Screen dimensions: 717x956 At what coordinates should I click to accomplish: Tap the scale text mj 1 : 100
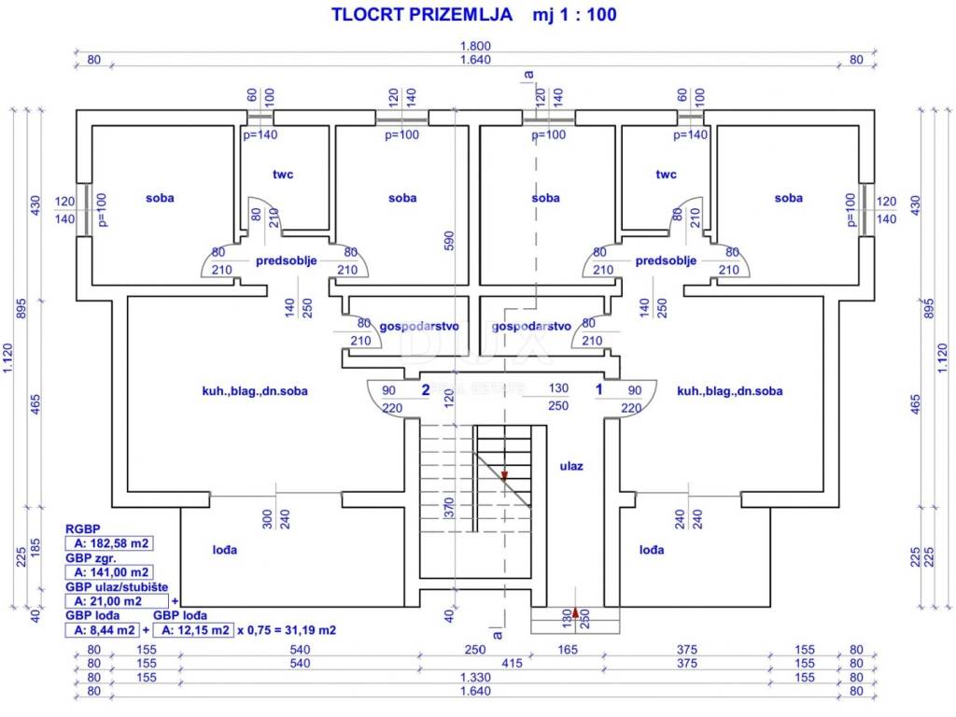point(574,14)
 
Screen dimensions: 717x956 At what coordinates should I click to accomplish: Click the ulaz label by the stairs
point(571,466)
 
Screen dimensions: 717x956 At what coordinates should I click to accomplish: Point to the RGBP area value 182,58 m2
point(108,542)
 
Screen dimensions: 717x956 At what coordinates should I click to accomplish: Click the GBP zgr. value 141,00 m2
point(108,571)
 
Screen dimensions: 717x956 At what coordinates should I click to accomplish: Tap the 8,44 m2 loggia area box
point(103,630)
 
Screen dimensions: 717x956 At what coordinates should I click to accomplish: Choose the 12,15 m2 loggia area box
point(192,630)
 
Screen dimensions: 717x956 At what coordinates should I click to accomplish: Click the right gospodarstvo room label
point(530,326)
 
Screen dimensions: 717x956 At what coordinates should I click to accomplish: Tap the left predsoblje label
point(287,261)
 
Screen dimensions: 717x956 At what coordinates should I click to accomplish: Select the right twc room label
point(666,174)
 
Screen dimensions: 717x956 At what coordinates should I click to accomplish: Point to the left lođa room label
point(225,550)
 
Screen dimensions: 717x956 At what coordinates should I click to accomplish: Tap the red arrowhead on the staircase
point(504,474)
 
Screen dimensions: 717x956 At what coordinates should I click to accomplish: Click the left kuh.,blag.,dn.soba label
point(255,391)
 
